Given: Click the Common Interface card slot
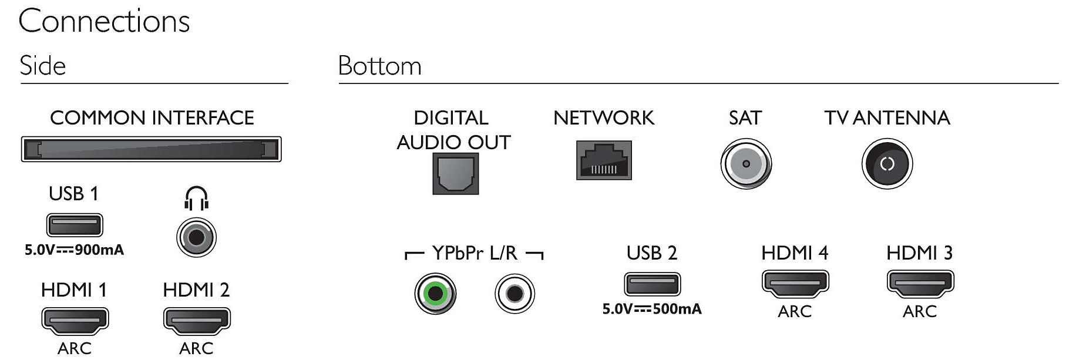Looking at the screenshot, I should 151,149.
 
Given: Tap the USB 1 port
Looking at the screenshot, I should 74,225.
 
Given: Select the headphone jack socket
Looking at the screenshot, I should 196,237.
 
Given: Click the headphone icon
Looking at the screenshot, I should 196,198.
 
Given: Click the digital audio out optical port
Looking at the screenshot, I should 455,173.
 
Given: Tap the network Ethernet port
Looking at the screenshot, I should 604,160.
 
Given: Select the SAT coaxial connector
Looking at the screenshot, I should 745,164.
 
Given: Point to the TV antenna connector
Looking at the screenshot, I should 887,164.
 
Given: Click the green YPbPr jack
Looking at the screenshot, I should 435,293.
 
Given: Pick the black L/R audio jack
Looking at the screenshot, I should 514,293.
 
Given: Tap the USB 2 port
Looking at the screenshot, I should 652,284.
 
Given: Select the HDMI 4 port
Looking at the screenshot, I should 795,283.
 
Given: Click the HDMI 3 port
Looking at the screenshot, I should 920,283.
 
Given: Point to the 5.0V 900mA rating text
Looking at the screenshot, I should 74,250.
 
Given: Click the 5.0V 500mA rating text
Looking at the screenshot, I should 652,309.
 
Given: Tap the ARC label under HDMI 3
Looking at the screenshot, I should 920,311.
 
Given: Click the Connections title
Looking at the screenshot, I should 104,22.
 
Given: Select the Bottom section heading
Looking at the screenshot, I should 379,66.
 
